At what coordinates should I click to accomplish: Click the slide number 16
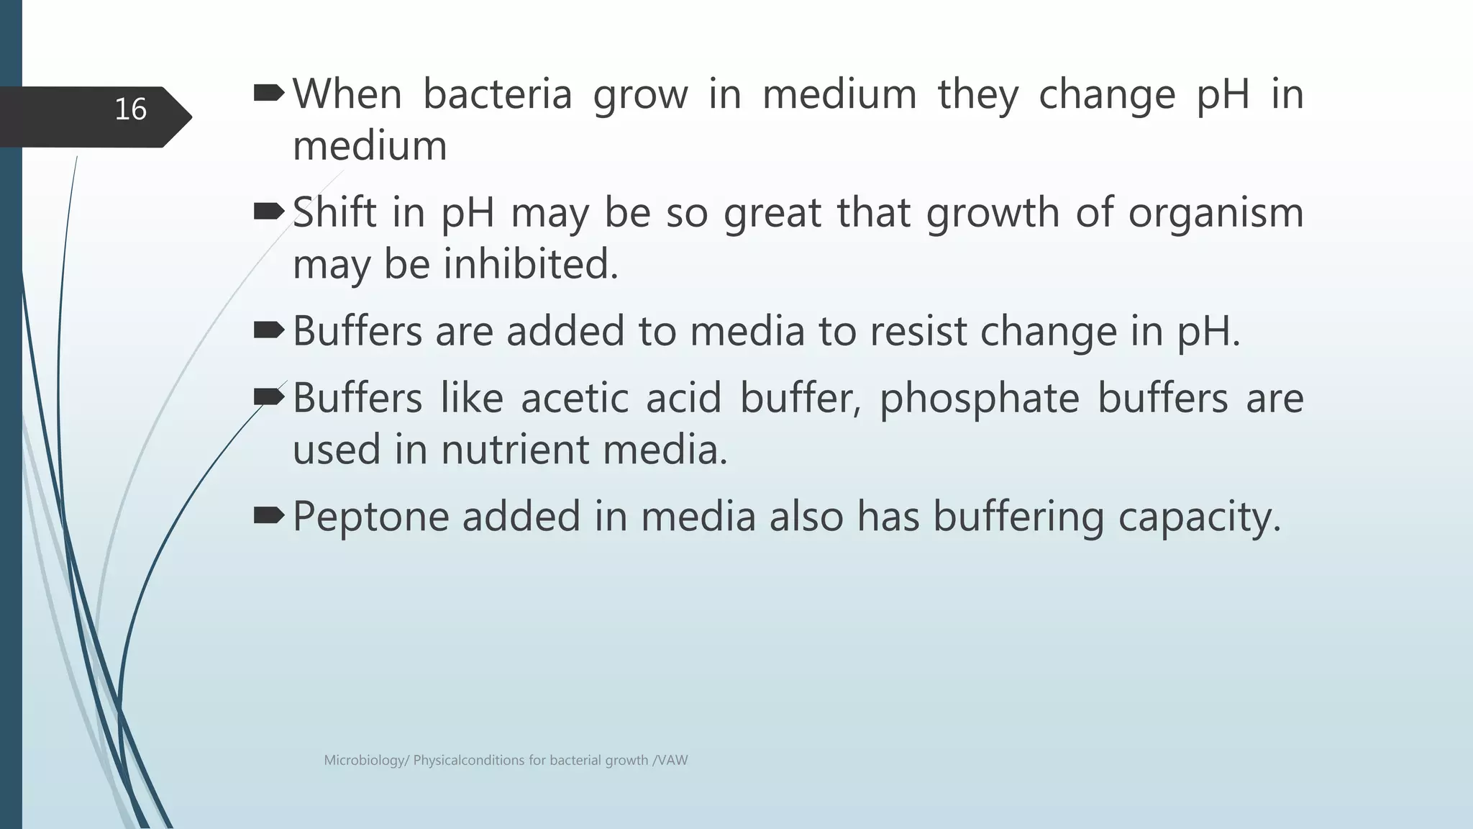[130, 109]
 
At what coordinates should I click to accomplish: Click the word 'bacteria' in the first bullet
[497, 94]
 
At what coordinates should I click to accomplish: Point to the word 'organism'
[1216, 214]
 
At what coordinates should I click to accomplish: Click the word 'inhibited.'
[531, 264]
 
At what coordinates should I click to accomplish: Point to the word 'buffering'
[1018, 517]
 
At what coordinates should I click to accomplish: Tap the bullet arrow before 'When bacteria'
[270, 92]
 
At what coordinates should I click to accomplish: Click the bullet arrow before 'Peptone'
[270, 515]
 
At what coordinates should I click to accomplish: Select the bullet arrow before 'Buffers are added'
[270, 330]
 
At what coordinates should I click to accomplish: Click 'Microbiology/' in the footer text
[366, 761]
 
